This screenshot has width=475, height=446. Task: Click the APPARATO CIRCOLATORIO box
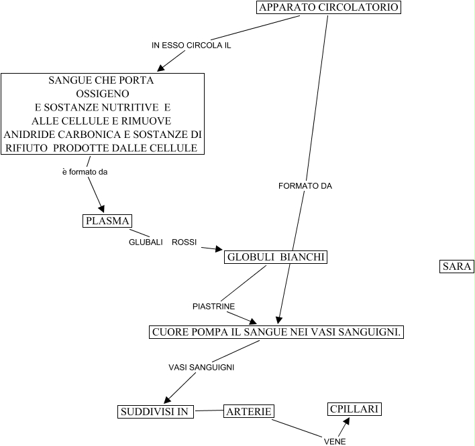click(x=329, y=8)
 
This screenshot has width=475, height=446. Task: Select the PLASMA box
click(x=107, y=221)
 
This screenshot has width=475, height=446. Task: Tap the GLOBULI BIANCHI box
click(x=276, y=258)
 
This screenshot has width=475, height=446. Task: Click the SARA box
click(x=457, y=267)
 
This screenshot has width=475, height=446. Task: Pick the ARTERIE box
click(x=249, y=411)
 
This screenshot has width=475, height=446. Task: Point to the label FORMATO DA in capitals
click(x=305, y=186)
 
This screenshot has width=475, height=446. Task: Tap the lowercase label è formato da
click(x=85, y=172)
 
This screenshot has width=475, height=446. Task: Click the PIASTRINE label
click(x=213, y=306)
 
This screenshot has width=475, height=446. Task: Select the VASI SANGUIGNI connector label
click(x=201, y=367)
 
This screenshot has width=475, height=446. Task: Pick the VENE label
click(x=334, y=441)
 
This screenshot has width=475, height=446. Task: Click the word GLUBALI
click(x=146, y=242)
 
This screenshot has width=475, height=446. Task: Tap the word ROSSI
click(x=184, y=242)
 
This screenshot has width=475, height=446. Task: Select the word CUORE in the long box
click(x=168, y=332)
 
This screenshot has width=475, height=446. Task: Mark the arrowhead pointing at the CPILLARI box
click(x=347, y=420)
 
